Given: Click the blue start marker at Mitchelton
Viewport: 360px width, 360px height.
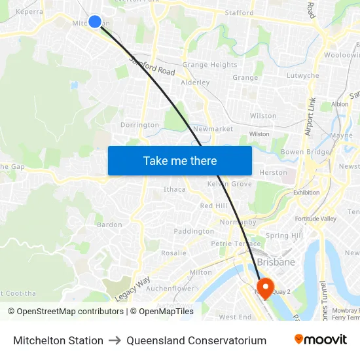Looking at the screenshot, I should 95,22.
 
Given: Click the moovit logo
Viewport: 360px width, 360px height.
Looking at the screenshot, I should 321,340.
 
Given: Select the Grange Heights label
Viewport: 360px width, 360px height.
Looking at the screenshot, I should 209,65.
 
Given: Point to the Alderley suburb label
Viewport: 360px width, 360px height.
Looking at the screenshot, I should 195,82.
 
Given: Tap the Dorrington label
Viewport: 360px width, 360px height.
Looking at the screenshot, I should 139,124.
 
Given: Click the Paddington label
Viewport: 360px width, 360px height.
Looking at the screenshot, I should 194,231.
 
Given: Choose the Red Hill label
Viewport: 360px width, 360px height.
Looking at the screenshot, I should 213,206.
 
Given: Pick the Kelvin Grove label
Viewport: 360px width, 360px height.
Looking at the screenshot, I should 229,184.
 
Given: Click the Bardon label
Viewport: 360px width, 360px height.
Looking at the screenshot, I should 109,225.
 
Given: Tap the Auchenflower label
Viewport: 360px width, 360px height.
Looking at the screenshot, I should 170,288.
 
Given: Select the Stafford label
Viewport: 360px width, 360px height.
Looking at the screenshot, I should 239,12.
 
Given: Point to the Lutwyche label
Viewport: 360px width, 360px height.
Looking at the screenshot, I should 303,75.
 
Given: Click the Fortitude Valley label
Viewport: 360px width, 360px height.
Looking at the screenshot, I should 315,219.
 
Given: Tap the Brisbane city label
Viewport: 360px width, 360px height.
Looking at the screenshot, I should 276,262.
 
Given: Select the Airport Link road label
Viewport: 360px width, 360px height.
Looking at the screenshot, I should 310,117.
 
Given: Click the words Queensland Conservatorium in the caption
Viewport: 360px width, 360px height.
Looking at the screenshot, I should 196,340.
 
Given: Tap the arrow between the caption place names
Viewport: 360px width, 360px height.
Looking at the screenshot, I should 115,340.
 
